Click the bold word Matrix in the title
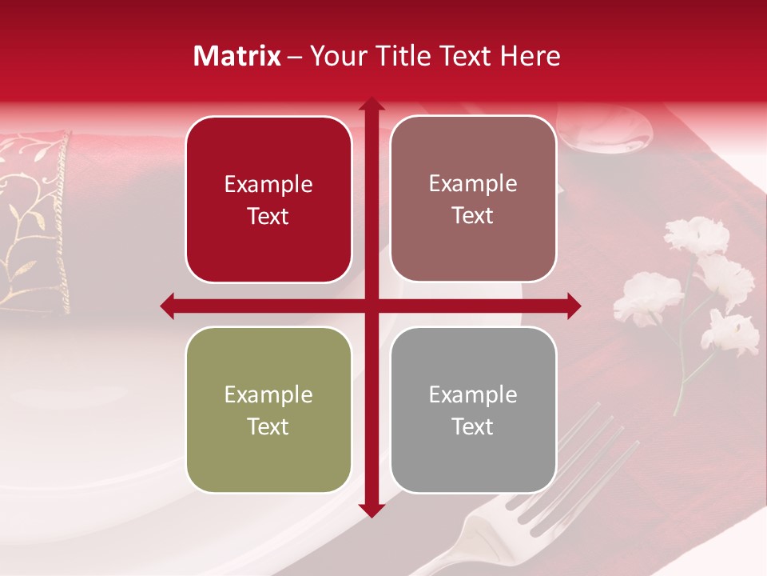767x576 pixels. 237,56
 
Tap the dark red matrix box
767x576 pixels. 268,199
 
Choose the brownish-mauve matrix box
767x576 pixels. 473,199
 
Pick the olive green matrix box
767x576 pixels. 268,410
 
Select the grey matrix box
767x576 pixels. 473,410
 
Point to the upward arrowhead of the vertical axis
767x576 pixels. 371,106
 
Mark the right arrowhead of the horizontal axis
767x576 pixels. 573,306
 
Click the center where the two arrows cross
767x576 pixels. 371,306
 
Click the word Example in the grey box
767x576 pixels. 473,394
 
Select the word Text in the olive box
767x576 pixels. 268,426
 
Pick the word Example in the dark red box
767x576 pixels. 268,184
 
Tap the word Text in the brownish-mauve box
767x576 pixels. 473,216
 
